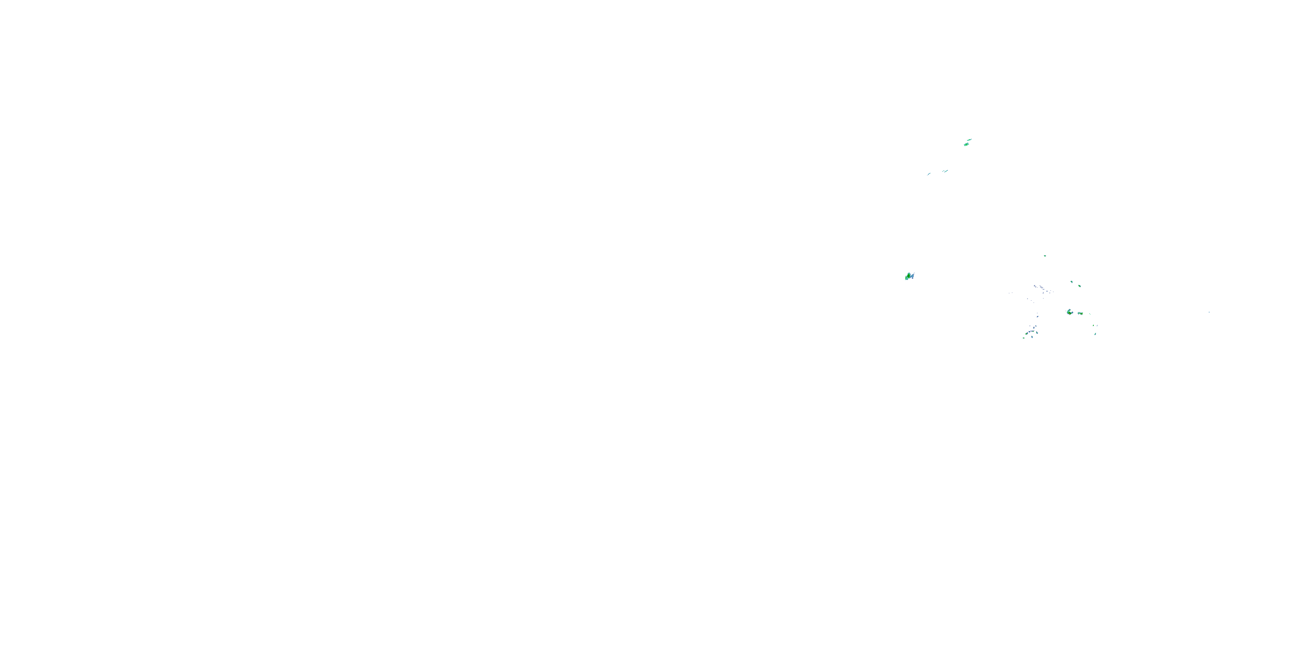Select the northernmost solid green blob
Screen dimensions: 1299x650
point(967,145)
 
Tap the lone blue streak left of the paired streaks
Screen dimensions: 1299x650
point(929,174)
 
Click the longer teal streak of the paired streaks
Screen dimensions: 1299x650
point(947,171)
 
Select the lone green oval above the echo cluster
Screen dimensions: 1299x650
point(1045,256)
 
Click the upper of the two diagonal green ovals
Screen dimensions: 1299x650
point(1072,282)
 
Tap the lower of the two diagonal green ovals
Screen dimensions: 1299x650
point(1079,286)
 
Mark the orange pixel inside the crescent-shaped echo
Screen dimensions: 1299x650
point(1070,314)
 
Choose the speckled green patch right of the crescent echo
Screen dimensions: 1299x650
point(1081,313)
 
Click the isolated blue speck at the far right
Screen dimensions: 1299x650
point(1209,312)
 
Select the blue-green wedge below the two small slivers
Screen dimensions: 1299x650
point(1095,334)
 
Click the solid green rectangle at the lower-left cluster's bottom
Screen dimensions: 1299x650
point(1024,338)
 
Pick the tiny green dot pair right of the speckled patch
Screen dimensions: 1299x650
point(1090,314)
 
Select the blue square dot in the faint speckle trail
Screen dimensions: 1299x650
point(1047,291)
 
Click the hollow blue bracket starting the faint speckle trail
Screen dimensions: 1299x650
point(1035,286)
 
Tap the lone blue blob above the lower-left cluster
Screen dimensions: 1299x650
point(1038,316)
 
